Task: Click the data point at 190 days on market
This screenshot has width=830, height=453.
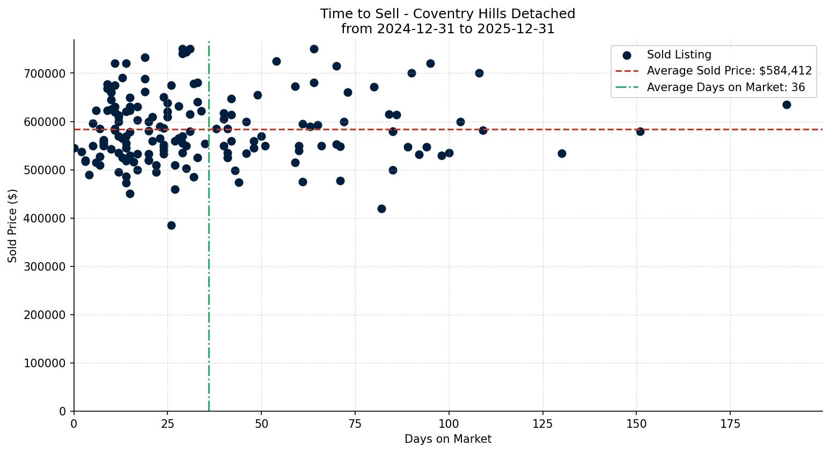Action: (786, 105)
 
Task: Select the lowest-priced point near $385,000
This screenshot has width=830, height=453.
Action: (171, 225)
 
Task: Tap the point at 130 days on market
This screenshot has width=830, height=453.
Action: (561, 153)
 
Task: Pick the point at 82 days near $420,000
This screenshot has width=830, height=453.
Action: (381, 209)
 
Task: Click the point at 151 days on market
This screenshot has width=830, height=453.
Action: (640, 131)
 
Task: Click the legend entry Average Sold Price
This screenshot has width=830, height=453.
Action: (729, 71)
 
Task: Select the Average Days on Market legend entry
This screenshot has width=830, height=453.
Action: (725, 87)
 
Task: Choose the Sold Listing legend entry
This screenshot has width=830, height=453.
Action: (679, 55)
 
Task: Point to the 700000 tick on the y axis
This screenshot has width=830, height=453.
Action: (45, 73)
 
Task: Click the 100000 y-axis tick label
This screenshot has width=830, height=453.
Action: (45, 363)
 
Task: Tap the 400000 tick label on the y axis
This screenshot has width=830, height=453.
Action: (45, 218)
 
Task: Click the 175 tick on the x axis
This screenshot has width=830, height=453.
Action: (730, 424)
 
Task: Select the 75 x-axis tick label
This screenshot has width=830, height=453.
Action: (355, 424)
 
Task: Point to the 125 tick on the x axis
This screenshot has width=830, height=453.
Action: (542, 424)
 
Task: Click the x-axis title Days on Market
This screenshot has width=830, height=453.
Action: (447, 439)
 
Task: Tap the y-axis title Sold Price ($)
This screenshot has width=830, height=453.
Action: (13, 225)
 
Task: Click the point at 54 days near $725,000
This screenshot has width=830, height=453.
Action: (276, 61)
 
